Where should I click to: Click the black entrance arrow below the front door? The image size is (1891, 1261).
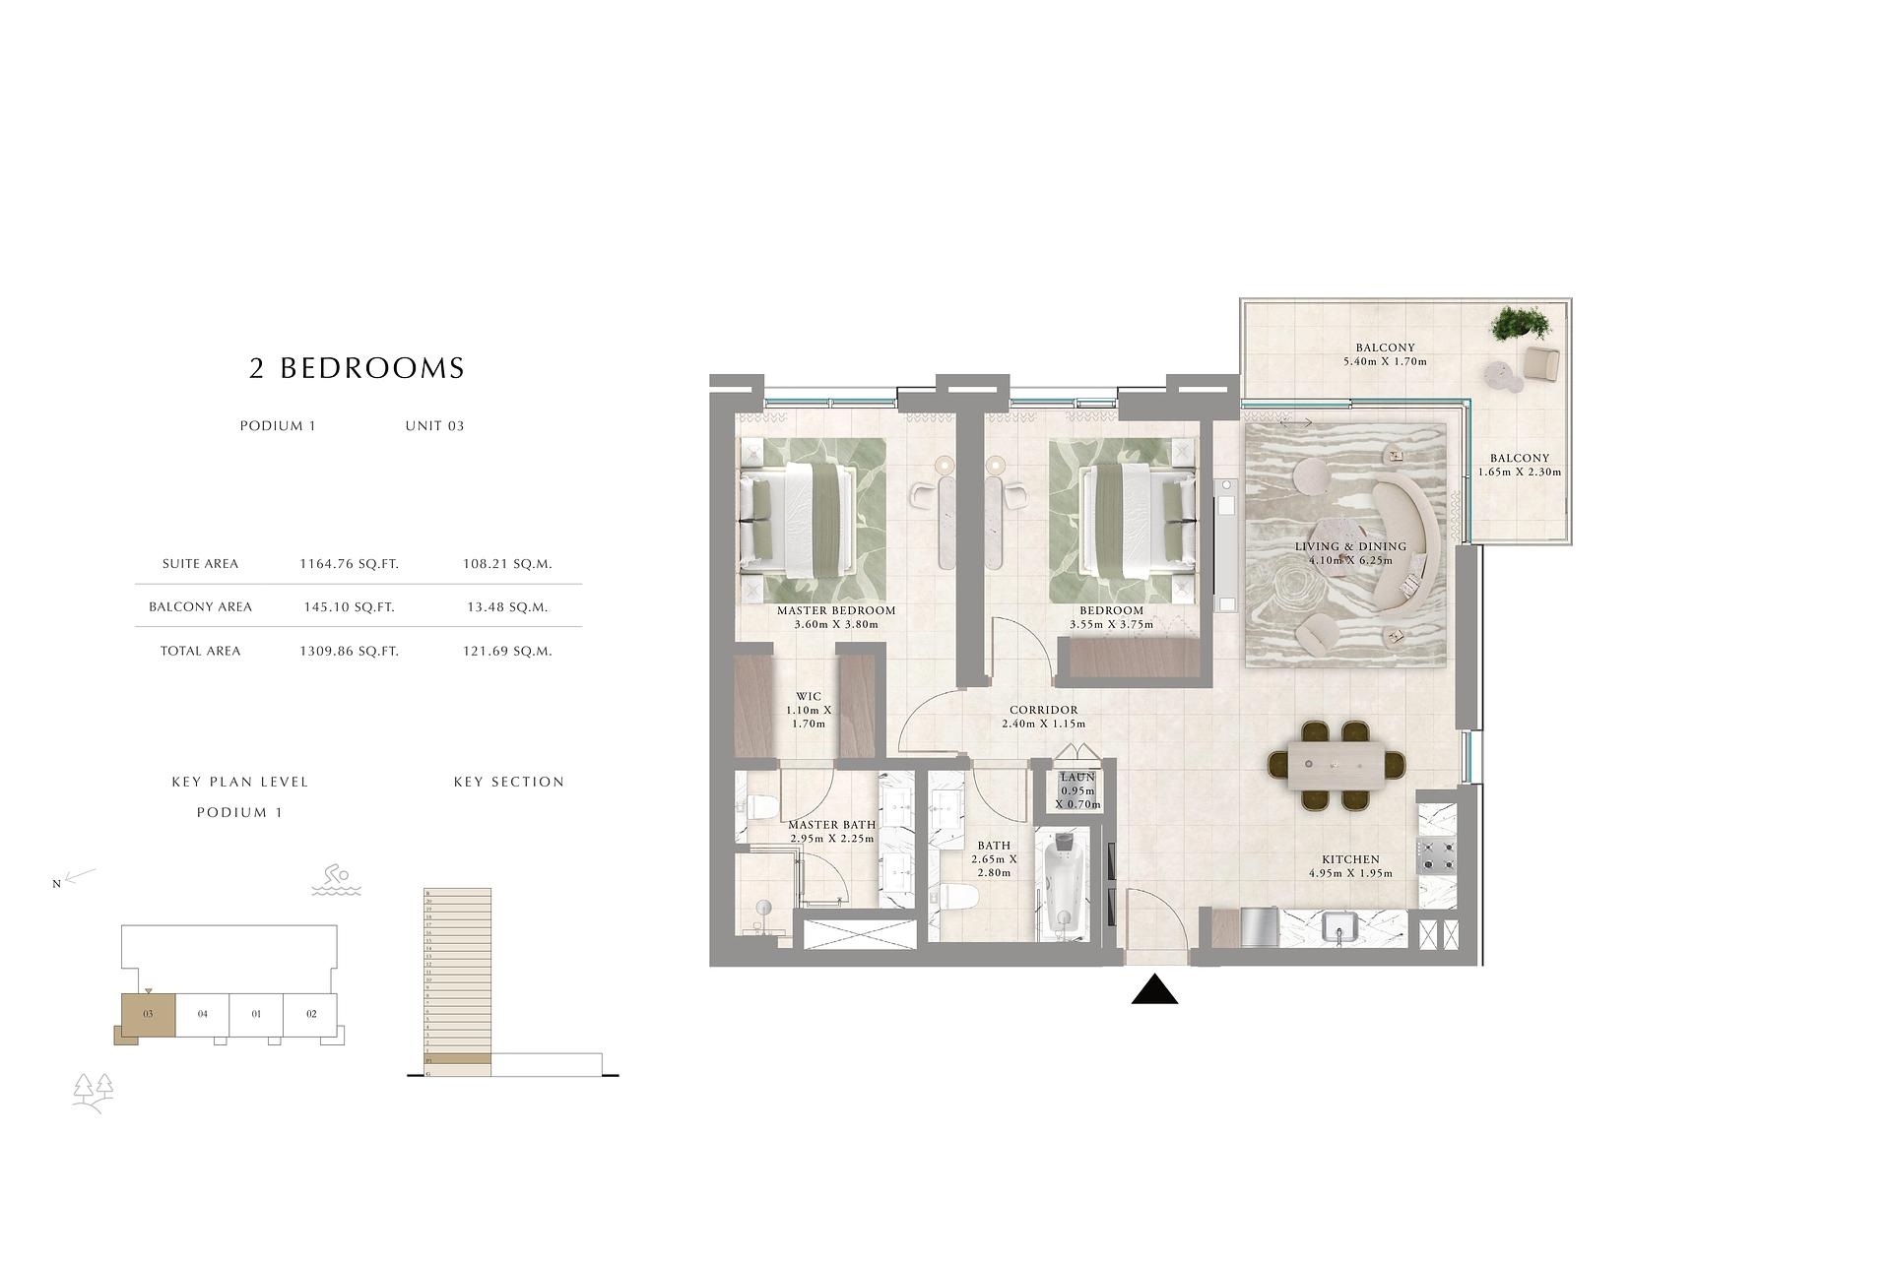click(x=1154, y=991)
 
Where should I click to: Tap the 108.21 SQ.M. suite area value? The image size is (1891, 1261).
click(x=507, y=564)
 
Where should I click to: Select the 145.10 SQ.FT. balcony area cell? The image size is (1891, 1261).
click(x=349, y=607)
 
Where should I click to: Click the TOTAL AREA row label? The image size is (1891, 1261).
click(x=200, y=651)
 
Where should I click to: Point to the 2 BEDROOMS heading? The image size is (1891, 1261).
click(x=357, y=368)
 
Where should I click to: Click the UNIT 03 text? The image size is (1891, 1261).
click(x=434, y=426)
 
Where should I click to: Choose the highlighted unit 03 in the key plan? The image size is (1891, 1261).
click(x=148, y=1015)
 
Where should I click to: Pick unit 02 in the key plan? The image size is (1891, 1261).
click(x=311, y=1014)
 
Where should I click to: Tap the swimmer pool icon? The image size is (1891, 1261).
click(x=336, y=880)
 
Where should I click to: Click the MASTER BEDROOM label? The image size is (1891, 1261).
click(x=836, y=610)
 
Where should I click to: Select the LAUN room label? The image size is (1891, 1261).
click(x=1077, y=778)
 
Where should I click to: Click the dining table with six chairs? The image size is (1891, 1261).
click(x=1336, y=765)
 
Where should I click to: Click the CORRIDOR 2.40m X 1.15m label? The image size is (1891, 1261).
click(x=1043, y=716)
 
